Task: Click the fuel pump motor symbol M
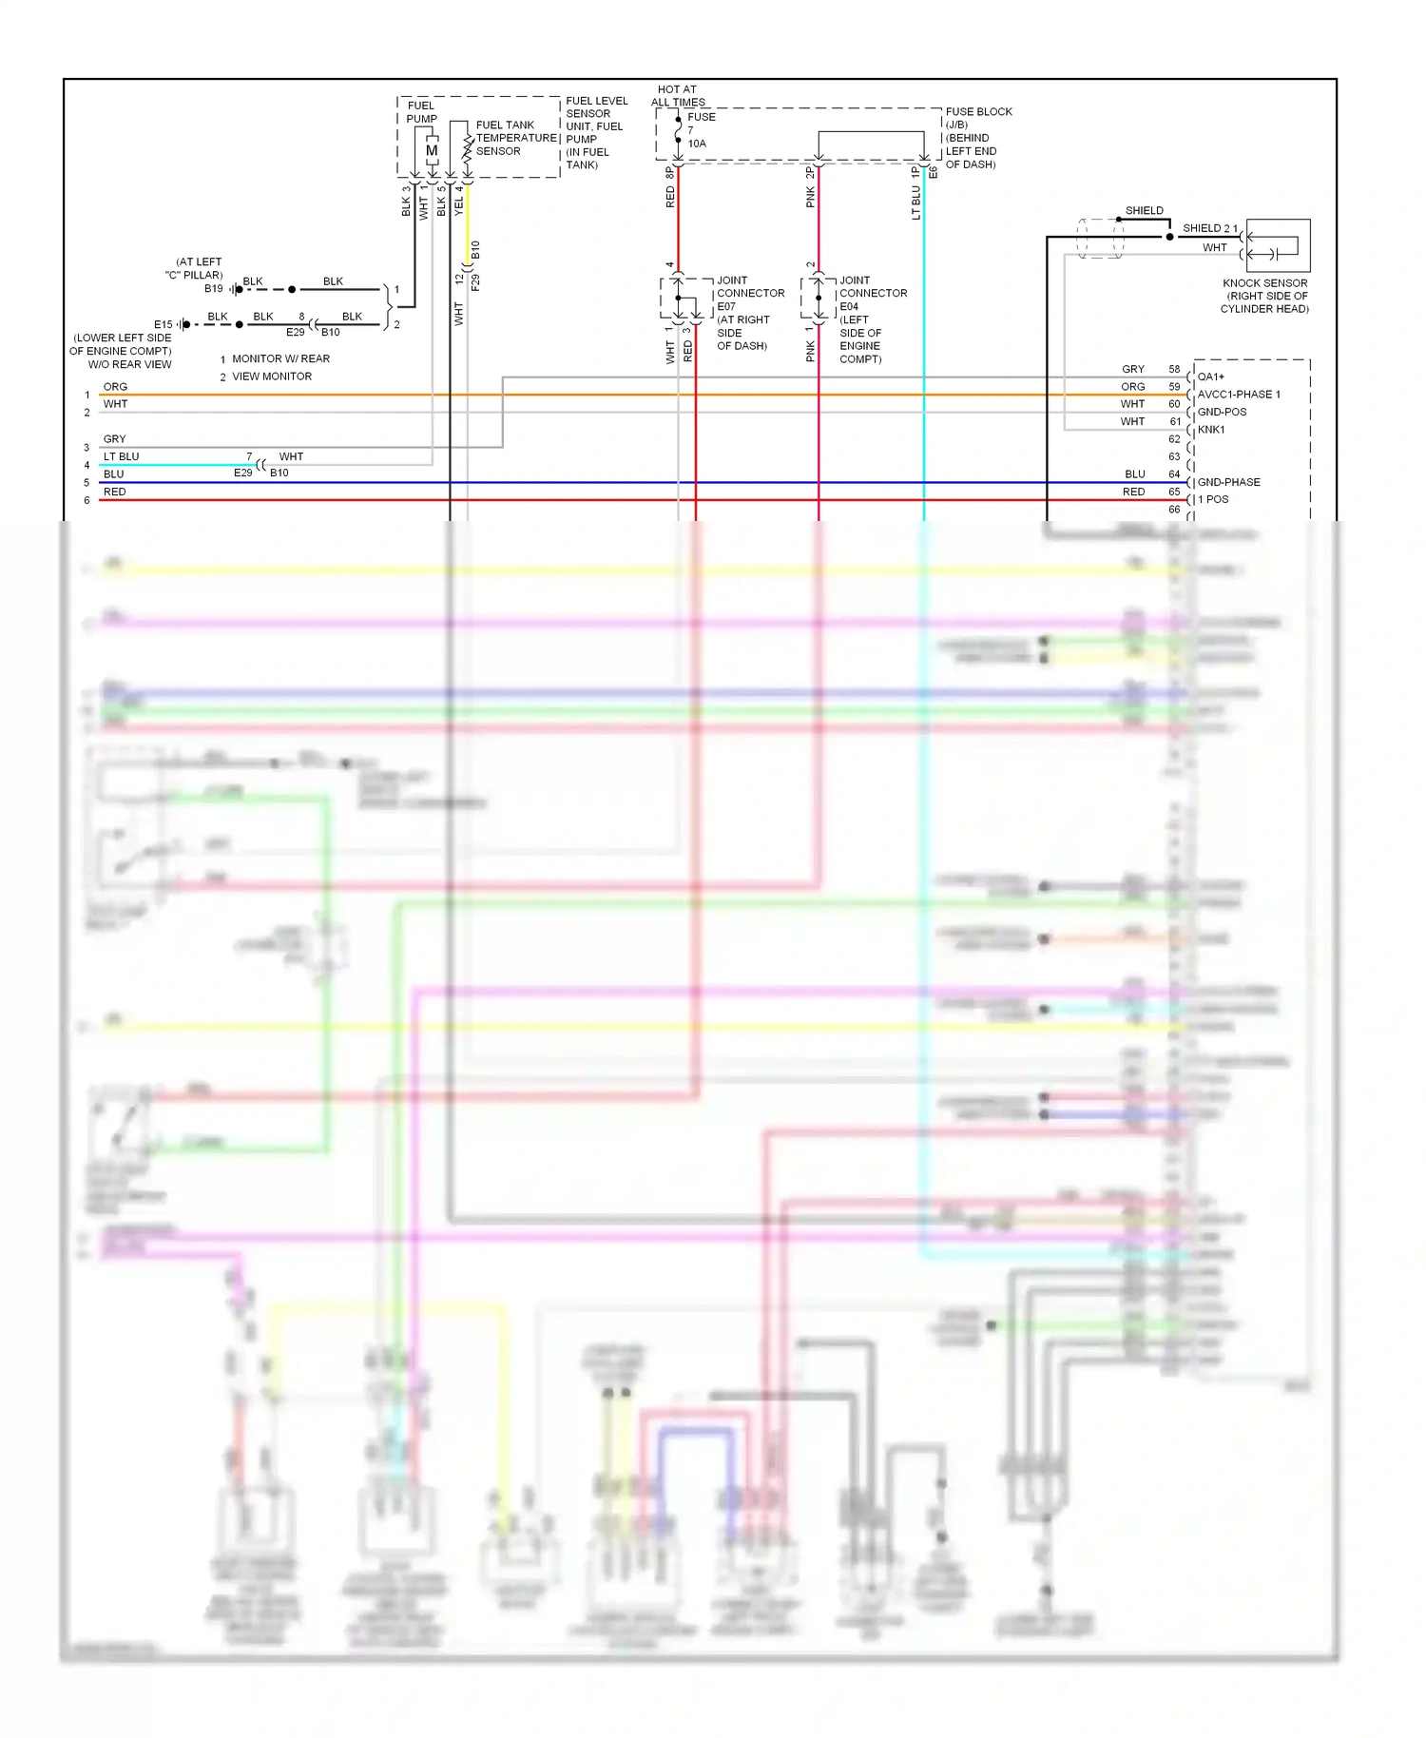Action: [x=432, y=150]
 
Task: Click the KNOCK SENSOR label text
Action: [x=1264, y=283]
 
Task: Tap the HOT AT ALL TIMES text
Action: [x=677, y=96]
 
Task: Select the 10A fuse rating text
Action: [x=697, y=144]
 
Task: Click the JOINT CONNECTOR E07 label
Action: [x=750, y=294]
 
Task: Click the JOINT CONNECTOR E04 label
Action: [x=873, y=294]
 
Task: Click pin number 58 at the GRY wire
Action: [x=1174, y=369]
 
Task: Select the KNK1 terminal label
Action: [x=1211, y=430]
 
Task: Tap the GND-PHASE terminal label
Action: [x=1228, y=482]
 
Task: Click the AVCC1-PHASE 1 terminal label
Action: [x=1238, y=395]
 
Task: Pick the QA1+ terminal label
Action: [x=1210, y=377]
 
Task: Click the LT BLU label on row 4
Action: [x=121, y=456]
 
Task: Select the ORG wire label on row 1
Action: [x=115, y=387]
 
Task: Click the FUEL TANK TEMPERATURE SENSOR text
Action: [x=515, y=138]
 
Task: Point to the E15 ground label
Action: [x=164, y=324]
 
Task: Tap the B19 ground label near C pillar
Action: [x=213, y=288]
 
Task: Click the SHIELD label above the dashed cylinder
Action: [x=1144, y=211]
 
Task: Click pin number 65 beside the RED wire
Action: [x=1174, y=492]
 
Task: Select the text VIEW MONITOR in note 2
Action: [x=272, y=377]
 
